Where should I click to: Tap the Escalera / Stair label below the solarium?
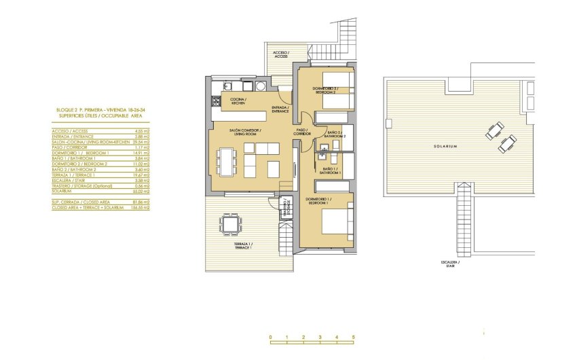tap(445, 264)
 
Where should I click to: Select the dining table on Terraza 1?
tap(231, 223)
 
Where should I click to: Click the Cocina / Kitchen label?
tap(238, 102)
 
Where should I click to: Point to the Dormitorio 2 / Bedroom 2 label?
tap(324, 91)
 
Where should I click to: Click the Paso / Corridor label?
tap(301, 133)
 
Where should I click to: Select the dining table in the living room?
tap(224, 161)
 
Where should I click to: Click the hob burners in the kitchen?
tap(217, 102)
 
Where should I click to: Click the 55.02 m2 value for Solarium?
tap(141, 192)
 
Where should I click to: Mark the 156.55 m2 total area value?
tap(141, 207)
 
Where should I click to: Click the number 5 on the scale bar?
tap(353, 338)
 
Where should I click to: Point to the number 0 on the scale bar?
tap(270, 338)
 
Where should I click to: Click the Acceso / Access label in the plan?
tap(280, 54)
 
